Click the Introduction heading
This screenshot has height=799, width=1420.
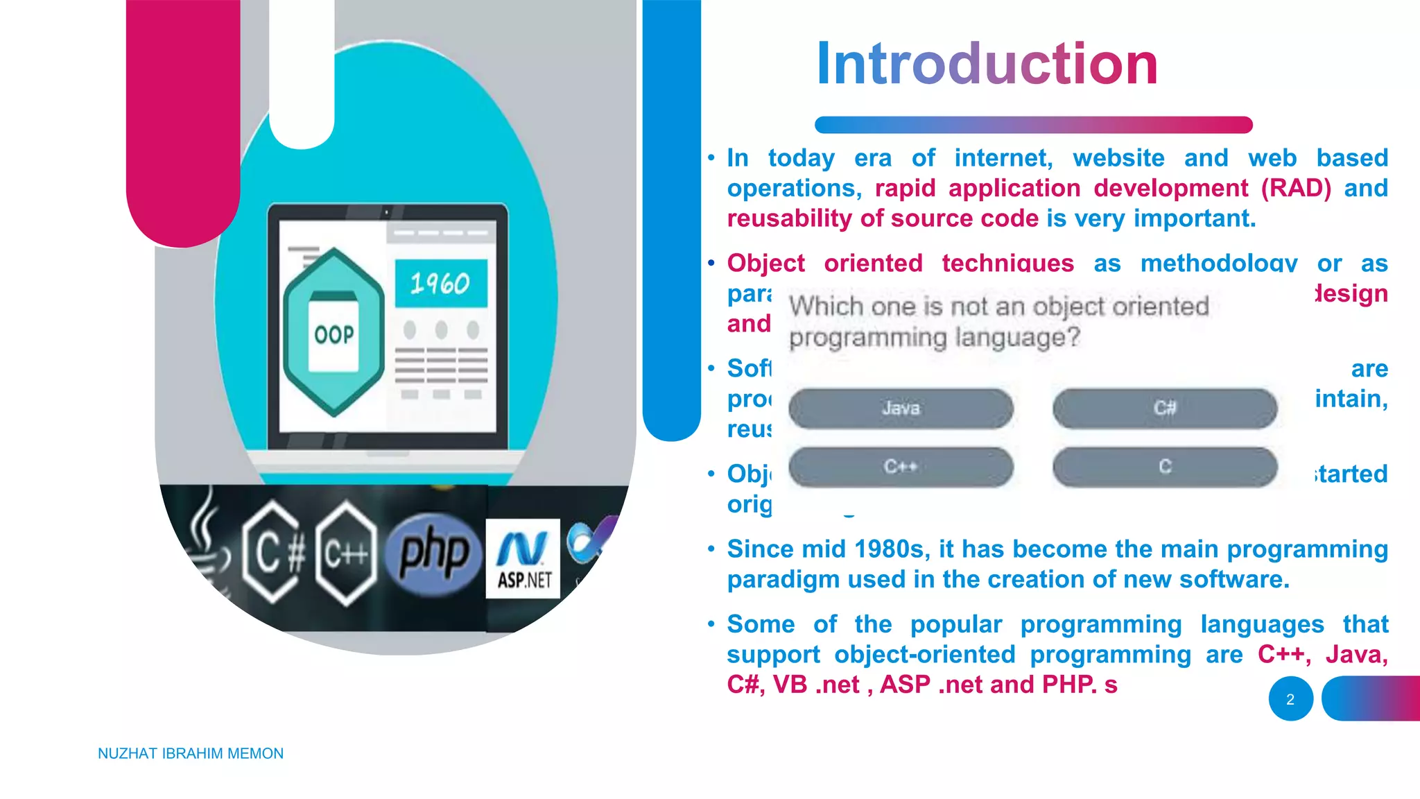pos(987,64)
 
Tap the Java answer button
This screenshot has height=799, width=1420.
pos(901,409)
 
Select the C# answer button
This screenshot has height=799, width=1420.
pos(1165,409)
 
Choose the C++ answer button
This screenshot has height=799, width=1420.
pos(901,467)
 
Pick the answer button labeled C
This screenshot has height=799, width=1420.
pos(1165,467)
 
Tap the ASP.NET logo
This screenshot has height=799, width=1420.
pos(523,559)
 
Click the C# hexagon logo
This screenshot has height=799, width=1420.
pos(274,553)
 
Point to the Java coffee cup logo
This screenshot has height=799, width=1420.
pos(206,548)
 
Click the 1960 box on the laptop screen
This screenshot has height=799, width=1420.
pos(441,284)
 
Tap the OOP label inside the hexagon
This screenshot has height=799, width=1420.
pos(334,335)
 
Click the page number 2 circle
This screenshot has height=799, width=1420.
pos(1290,699)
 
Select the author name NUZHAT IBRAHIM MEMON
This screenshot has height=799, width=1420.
pos(191,753)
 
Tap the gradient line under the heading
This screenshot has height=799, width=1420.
pos(1033,125)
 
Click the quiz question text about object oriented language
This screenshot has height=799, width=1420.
pos(998,322)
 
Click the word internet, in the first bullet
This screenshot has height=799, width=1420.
pos(1003,158)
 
